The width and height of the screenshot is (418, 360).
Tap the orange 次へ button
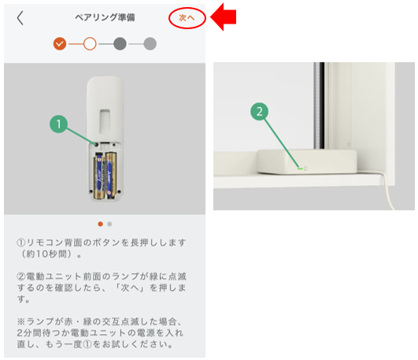point(187,18)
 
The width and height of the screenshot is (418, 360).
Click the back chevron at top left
point(20,18)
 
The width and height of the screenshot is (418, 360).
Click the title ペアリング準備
point(105,17)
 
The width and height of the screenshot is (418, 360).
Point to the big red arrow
point(224,17)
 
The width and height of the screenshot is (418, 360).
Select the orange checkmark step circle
point(60,43)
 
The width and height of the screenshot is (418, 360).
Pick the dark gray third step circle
point(120,43)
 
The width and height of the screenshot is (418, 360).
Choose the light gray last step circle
point(150,43)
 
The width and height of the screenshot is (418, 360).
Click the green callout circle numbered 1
point(59,124)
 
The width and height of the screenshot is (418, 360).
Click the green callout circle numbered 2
point(260,111)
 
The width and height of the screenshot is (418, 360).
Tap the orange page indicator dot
point(100,224)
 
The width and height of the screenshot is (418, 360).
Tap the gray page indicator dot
point(109,224)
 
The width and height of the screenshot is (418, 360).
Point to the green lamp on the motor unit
point(300,169)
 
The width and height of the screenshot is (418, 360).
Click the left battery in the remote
point(98,176)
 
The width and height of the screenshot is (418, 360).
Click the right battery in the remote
point(111,175)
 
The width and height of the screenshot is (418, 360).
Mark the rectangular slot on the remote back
point(105,121)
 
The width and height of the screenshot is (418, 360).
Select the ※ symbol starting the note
point(20,321)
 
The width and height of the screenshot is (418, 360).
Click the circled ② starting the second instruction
point(20,276)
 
